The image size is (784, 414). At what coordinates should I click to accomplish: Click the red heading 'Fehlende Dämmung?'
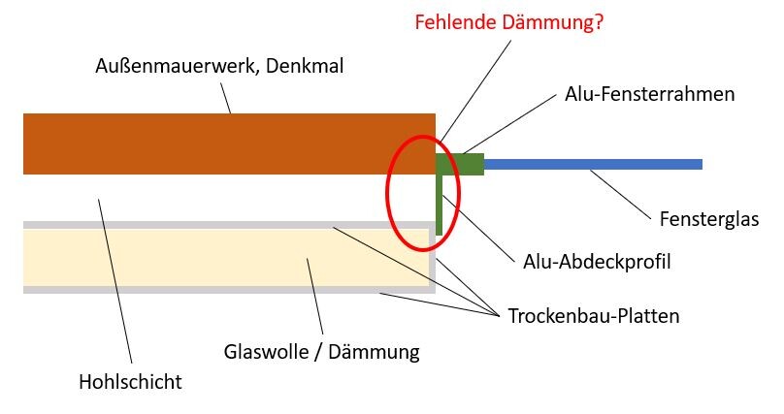pyautogui.click(x=509, y=22)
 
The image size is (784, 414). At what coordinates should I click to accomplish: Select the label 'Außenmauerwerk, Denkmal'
pyautogui.click(x=219, y=66)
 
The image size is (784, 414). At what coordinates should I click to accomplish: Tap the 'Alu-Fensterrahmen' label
pyautogui.click(x=649, y=94)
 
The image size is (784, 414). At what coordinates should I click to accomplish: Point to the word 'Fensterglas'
pyautogui.click(x=709, y=219)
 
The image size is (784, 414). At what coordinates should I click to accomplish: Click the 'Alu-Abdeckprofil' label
pyautogui.click(x=597, y=262)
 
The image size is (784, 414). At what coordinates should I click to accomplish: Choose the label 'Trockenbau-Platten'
pyautogui.click(x=594, y=316)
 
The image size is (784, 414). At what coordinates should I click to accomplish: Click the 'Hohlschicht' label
pyautogui.click(x=130, y=382)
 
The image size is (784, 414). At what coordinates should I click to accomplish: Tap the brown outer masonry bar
pyautogui.click(x=229, y=143)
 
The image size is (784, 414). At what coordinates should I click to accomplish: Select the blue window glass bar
pyautogui.click(x=593, y=164)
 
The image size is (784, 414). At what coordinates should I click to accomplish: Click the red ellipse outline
pyautogui.click(x=387, y=193)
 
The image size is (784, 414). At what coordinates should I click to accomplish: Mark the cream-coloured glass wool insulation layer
pyautogui.click(x=226, y=258)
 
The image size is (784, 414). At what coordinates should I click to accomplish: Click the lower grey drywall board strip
pyautogui.click(x=229, y=290)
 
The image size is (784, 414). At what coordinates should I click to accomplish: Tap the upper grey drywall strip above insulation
pyautogui.click(x=229, y=225)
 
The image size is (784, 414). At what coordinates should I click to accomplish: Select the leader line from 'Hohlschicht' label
pyautogui.click(x=115, y=281)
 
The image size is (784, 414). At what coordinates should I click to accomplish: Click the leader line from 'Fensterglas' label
pyautogui.click(x=620, y=195)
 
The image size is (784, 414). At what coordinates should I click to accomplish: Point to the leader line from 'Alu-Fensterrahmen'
pyautogui.click(x=509, y=123)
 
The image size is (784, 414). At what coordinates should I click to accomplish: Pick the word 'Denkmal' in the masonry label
pyautogui.click(x=305, y=66)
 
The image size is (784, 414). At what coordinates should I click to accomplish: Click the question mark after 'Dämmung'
pyautogui.click(x=599, y=22)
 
